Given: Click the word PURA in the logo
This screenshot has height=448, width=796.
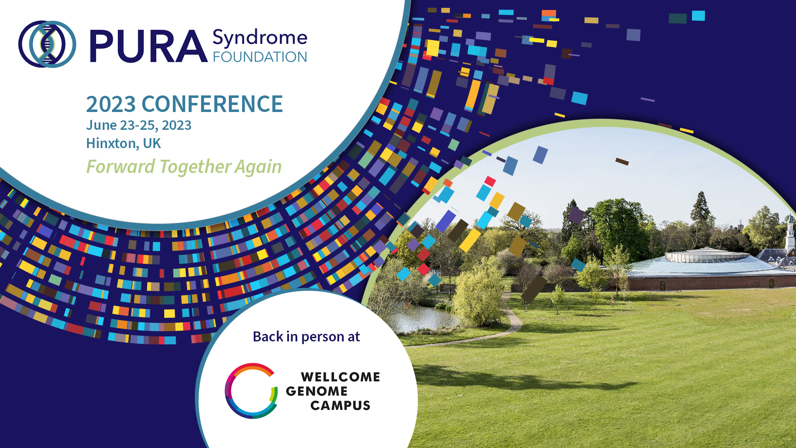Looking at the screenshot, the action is pyautogui.click(x=148, y=46).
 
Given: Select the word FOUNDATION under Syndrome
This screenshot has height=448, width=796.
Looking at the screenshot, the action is pyautogui.click(x=260, y=57).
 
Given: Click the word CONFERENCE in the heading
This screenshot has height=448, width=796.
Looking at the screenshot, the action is pyautogui.click(x=212, y=104).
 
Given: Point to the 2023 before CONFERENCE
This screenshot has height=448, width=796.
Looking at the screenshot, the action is pyautogui.click(x=111, y=104).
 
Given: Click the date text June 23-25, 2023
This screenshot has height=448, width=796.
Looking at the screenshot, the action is pyautogui.click(x=139, y=125).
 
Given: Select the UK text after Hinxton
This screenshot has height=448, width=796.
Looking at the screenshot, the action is pyautogui.click(x=152, y=143).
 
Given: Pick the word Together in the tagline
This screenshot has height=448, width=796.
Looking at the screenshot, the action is pyautogui.click(x=194, y=167).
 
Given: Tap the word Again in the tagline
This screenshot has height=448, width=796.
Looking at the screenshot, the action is pyautogui.click(x=258, y=167).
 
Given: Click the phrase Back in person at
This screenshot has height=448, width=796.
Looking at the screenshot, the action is pyautogui.click(x=306, y=336).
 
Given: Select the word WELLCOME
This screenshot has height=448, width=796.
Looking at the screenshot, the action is pyautogui.click(x=340, y=377).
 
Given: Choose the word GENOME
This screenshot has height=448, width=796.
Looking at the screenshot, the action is pyautogui.click(x=317, y=391).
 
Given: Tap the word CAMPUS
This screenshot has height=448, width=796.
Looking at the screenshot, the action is pyautogui.click(x=340, y=405).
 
